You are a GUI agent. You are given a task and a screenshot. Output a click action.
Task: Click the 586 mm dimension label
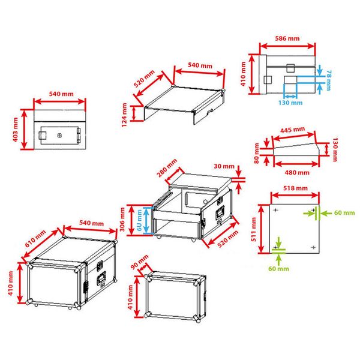point(287,38)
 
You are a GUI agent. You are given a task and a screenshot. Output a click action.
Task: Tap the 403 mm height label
point(15,130)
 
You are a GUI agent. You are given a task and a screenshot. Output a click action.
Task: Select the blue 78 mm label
point(329,80)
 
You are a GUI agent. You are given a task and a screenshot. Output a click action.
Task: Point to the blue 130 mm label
point(290,103)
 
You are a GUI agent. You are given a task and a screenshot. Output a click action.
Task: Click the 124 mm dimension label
point(124,115)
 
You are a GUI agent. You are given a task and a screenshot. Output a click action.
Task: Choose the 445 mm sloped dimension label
point(293,130)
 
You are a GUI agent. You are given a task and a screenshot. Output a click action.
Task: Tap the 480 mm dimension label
point(297,172)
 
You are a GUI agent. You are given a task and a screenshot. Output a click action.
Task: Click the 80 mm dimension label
point(256,153)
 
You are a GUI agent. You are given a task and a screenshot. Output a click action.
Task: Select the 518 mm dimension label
point(295,188)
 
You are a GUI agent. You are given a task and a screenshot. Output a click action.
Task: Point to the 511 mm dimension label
point(253,229)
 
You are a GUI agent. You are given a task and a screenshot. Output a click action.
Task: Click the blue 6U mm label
point(139,220)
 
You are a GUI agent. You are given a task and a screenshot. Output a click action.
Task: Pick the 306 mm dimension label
point(122,220)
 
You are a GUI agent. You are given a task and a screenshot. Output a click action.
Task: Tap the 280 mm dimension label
point(167,168)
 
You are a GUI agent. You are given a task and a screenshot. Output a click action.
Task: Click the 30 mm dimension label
point(224,166)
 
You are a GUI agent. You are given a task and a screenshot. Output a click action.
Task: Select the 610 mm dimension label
point(35,239)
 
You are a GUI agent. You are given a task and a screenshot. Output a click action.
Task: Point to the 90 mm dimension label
point(140,262)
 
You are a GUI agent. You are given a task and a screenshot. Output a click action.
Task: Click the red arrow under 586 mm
point(287,46)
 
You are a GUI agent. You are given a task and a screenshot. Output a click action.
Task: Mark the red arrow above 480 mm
point(296,164)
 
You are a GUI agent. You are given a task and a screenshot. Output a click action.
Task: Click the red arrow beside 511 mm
point(262,229)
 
